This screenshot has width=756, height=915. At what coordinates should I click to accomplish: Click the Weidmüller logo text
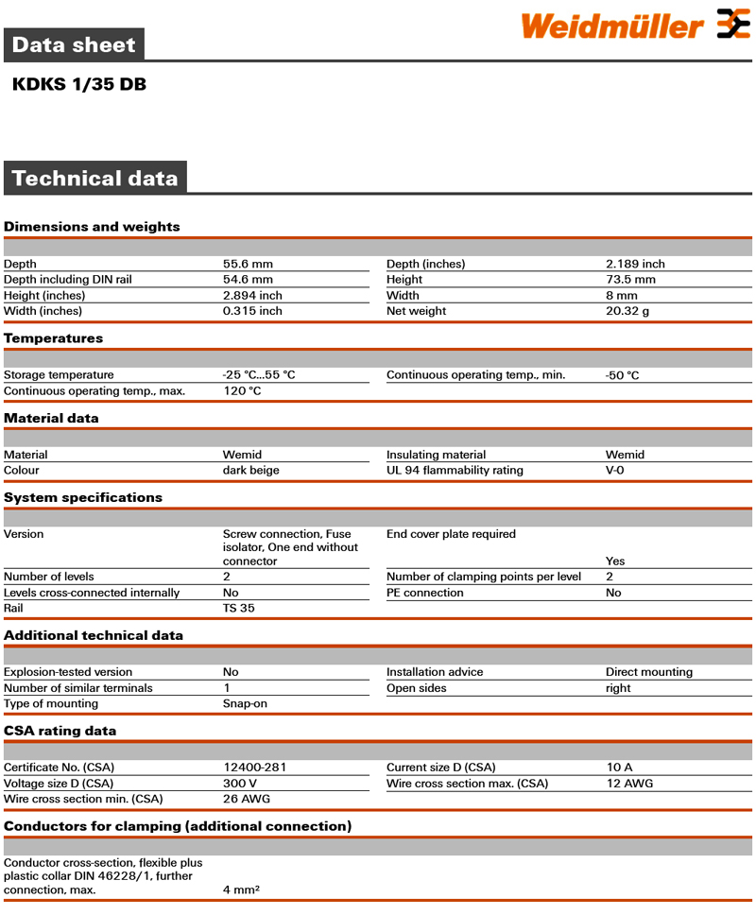pos(611,26)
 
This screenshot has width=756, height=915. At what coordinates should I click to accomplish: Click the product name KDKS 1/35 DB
pos(79,84)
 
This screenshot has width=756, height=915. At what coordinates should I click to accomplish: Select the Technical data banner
pos(94,179)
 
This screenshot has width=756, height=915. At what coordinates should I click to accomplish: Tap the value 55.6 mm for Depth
pos(248,264)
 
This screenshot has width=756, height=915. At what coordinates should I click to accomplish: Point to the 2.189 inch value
pos(635,264)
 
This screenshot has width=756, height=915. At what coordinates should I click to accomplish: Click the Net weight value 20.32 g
pos(627,311)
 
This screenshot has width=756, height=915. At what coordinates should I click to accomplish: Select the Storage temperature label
pos(59,375)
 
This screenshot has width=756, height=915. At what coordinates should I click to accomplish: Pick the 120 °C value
pos(242,390)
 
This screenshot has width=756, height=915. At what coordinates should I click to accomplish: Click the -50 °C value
pos(623,375)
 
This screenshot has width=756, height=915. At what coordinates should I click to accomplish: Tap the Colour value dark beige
pos(251,470)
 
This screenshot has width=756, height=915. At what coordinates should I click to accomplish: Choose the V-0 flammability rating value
pos(615,470)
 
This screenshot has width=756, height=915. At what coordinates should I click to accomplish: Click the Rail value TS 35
pos(239,608)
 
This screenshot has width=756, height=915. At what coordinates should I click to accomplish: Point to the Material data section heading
pos(51,418)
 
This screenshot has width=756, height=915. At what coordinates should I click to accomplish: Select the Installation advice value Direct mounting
pos(649,672)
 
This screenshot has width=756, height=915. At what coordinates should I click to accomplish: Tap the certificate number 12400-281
pos(255,768)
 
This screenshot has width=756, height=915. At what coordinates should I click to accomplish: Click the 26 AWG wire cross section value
pos(247,799)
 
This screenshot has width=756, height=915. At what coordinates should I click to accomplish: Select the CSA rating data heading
pos(60,731)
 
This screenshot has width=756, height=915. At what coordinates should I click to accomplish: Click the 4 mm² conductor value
pos(241,889)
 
